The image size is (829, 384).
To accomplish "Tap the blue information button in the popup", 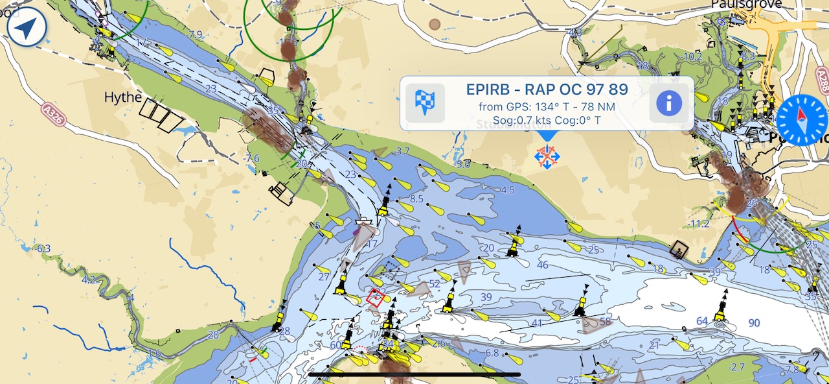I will pyautogui.click(x=672, y=103).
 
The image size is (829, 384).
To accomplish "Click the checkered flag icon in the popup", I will pyautogui.click(x=425, y=103).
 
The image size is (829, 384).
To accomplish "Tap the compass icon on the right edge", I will pyautogui.click(x=802, y=119).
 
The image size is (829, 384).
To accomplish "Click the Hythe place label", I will pyautogui.click(x=123, y=97).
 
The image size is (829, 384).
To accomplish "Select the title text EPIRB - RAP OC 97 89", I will pyautogui.click(x=547, y=90).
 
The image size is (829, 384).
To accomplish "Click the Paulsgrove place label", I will pyautogui.click(x=746, y=5).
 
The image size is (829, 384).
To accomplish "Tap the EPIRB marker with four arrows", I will pyautogui.click(x=547, y=156).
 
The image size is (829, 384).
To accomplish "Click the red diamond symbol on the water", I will pyautogui.click(x=375, y=298).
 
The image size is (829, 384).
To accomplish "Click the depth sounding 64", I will pyautogui.click(x=702, y=321).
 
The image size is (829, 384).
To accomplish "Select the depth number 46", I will pyautogui.click(x=543, y=265).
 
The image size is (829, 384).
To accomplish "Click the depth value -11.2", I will pyautogui.click(x=699, y=224).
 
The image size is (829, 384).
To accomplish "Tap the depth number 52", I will pyautogui.click(x=434, y=284).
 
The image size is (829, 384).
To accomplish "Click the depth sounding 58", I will pyautogui.click(x=606, y=321).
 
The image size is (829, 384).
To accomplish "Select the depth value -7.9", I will pyautogui.click(x=194, y=34).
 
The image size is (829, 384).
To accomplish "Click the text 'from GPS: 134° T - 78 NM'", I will pyautogui.click(x=547, y=106).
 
